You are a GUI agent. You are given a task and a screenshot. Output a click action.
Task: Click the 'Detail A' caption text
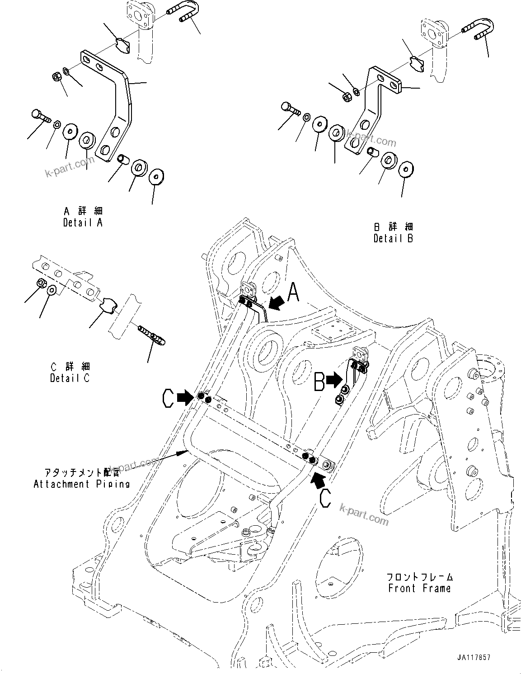83,223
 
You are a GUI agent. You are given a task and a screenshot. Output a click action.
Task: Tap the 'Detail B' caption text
393,238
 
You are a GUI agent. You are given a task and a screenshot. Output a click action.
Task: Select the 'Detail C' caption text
70,378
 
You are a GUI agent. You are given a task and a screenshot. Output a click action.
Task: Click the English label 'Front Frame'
419,588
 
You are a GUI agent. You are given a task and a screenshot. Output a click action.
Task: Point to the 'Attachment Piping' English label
82,484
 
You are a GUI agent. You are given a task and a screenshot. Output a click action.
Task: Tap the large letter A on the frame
294,292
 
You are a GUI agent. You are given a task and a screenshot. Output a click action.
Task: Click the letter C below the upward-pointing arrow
326,499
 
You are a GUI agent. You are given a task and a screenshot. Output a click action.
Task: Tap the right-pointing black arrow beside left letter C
185,398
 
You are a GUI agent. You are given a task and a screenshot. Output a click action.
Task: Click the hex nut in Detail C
40,283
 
